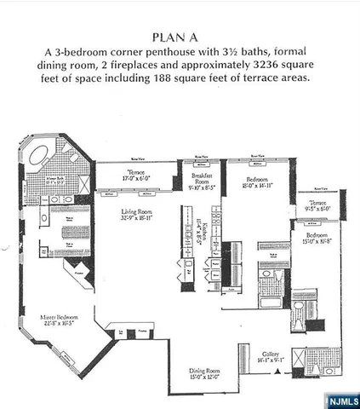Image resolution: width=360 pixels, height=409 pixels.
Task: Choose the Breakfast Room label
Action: [202, 177]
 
